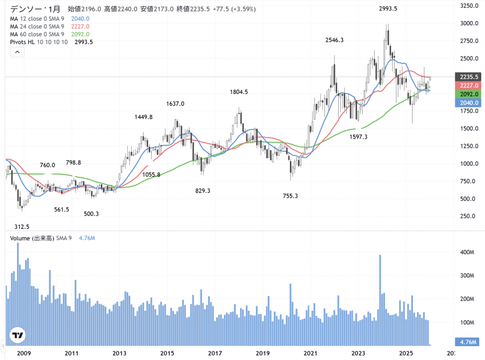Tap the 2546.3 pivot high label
(x=334, y=40)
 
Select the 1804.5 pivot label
(x=239, y=92)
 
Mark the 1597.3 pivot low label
(x=359, y=136)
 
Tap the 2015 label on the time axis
(x=167, y=353)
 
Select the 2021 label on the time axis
(x=310, y=353)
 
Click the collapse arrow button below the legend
(x=17, y=52)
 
